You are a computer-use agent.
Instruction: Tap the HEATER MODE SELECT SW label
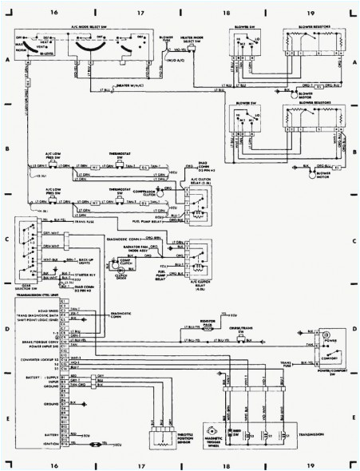[197, 37]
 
